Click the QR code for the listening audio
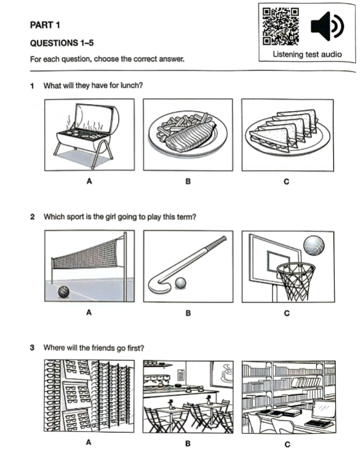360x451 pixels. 281,27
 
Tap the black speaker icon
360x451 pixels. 327,26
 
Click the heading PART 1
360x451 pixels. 45,25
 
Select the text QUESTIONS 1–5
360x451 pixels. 62,43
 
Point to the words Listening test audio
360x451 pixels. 307,54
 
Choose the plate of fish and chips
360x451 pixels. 188,134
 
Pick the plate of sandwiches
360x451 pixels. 288,132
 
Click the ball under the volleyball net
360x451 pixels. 63,292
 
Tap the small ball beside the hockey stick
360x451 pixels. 180,283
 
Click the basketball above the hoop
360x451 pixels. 314,246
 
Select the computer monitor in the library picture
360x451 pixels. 323,409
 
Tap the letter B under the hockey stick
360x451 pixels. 188,313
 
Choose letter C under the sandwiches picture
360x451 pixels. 286,182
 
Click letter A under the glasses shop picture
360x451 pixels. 88,442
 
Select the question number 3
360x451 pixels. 32,347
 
